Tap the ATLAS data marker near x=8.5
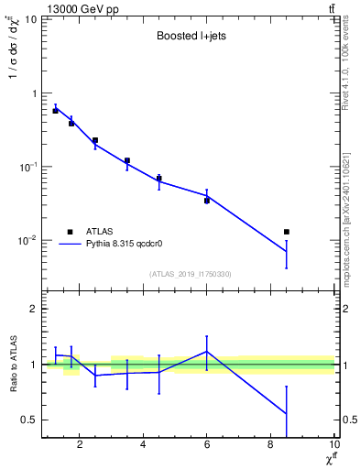(x=287, y=232)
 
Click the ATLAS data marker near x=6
(x=207, y=200)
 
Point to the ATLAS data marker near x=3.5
(x=127, y=160)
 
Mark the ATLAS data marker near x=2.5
(x=95, y=140)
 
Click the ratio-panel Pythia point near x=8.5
(x=287, y=413)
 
